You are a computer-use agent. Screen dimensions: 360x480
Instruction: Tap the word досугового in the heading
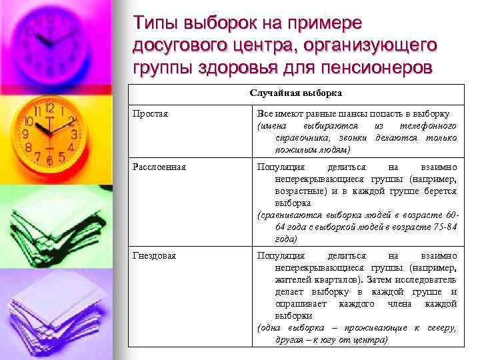(176, 46)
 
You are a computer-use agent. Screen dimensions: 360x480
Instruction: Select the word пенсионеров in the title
(377, 69)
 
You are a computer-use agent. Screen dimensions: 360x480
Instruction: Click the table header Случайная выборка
(296, 93)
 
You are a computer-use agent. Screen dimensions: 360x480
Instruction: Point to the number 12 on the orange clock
(49, 107)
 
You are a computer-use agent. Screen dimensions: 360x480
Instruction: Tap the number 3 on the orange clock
(75, 133)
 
